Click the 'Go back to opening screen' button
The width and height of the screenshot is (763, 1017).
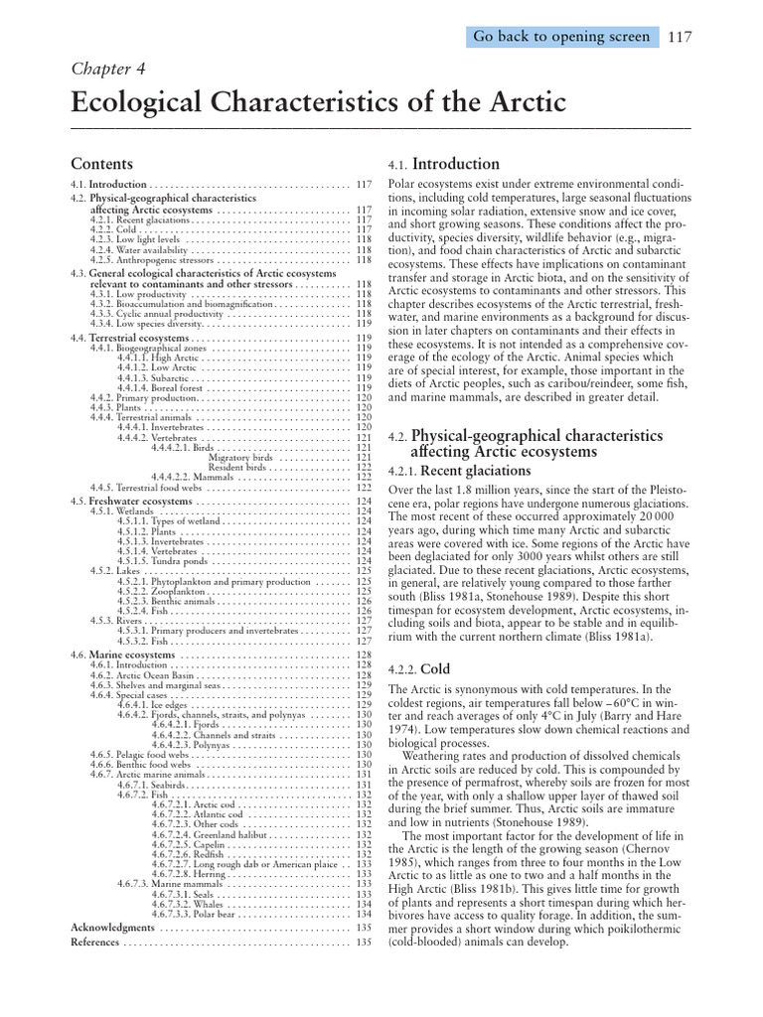pyautogui.click(x=561, y=37)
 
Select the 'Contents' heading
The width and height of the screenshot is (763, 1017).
pyautogui.click(x=101, y=163)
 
